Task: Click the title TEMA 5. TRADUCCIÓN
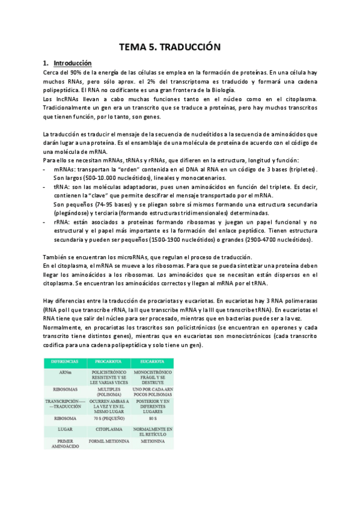tap(179, 46)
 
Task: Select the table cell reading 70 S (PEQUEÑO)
tap(109, 417)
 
